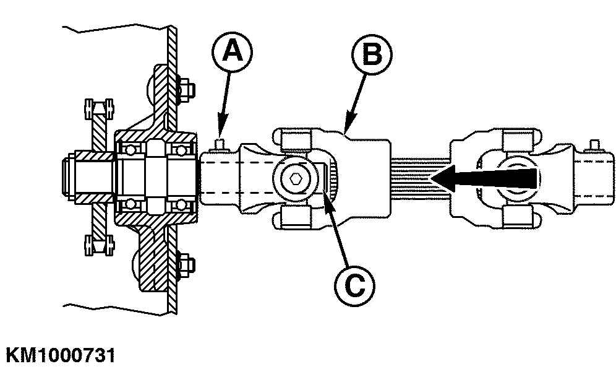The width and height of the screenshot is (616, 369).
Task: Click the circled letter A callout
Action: [x=232, y=52]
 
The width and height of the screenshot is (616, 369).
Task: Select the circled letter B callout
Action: [x=372, y=54]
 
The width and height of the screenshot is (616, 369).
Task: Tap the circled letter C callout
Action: [x=355, y=286]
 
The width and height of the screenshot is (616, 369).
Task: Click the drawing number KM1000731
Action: [x=61, y=355]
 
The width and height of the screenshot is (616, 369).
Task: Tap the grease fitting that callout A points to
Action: [x=220, y=144]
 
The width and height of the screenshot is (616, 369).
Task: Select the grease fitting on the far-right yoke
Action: [x=594, y=145]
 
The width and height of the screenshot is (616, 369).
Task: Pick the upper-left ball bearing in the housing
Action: [x=130, y=149]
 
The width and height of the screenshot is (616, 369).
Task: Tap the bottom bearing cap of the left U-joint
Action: [x=296, y=219]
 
